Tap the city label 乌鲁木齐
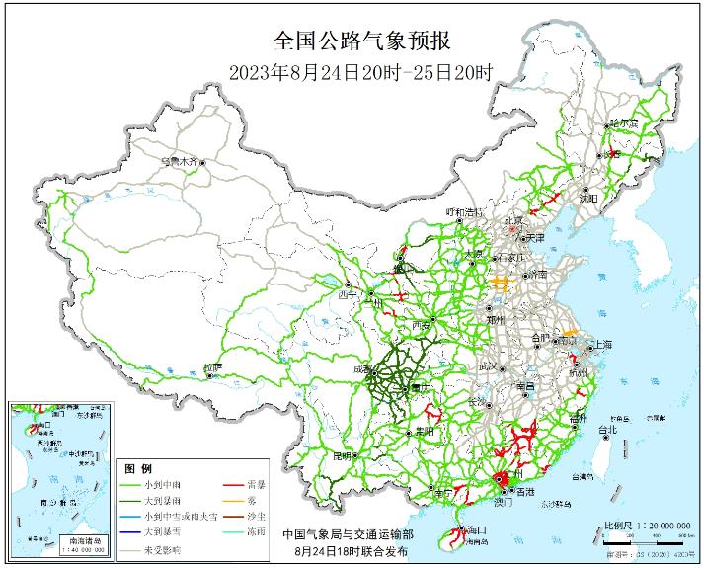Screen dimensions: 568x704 coord(180,159)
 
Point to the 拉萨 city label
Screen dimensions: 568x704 coord(212,367)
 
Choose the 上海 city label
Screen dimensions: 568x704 coord(600,344)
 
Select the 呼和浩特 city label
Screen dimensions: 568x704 coord(464,212)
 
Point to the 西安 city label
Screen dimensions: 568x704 coord(422,324)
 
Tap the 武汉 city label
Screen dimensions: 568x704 coord(489,366)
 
